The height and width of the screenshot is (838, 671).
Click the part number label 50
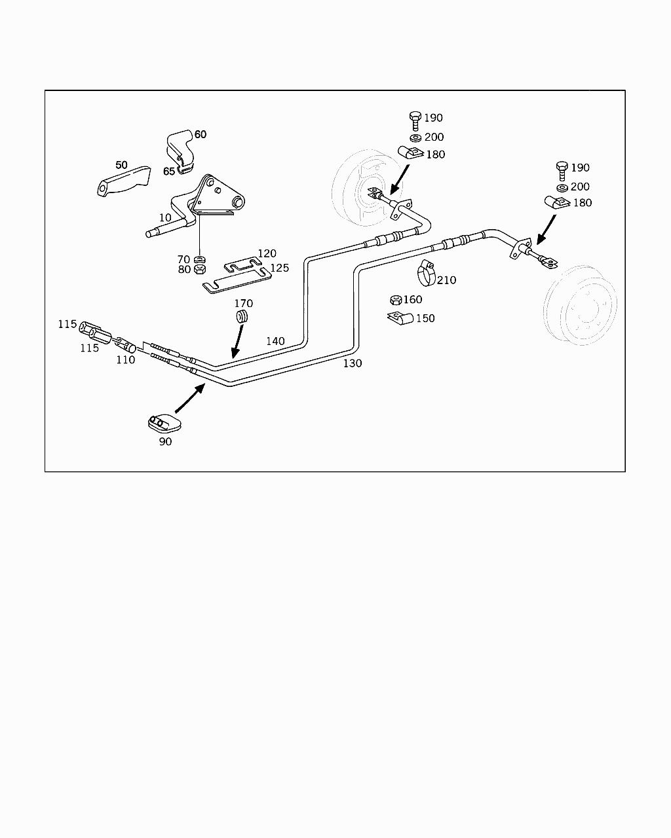pyautogui.click(x=122, y=165)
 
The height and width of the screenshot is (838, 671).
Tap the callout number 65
pyautogui.click(x=169, y=172)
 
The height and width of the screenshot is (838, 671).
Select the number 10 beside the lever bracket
pyautogui.click(x=165, y=217)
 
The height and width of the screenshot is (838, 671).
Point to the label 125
pyautogui.click(x=279, y=268)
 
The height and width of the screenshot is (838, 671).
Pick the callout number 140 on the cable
pyautogui.click(x=275, y=341)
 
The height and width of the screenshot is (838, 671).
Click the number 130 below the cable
pyautogui.click(x=353, y=363)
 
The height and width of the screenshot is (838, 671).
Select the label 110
pyautogui.click(x=125, y=359)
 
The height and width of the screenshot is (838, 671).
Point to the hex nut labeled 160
pyautogui.click(x=395, y=301)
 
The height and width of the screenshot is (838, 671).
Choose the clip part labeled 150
pyautogui.click(x=400, y=319)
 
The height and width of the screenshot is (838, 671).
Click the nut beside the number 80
pyautogui.click(x=201, y=269)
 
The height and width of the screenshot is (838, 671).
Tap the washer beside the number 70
pyautogui.click(x=201, y=259)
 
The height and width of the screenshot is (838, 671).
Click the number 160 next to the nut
pyautogui.click(x=413, y=300)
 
